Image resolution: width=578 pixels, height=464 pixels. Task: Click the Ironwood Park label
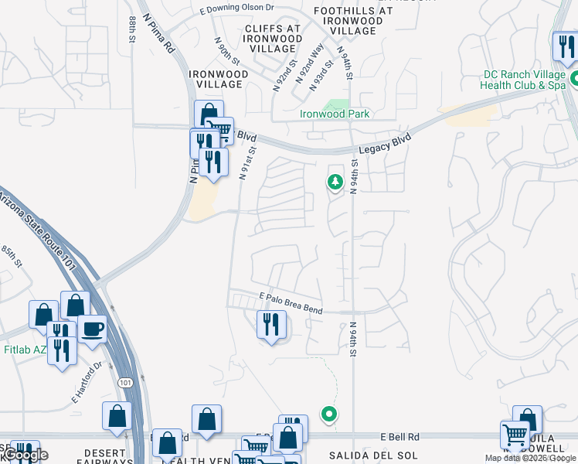335,114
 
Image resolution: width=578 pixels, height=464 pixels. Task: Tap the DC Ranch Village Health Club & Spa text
524,80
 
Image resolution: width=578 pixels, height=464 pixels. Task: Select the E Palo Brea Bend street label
291,302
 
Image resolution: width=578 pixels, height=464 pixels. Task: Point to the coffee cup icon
92,329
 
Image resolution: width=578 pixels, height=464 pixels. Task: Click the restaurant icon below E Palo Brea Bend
271,323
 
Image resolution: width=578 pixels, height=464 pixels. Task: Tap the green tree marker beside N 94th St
335,183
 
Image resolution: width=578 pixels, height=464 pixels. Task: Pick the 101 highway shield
126,382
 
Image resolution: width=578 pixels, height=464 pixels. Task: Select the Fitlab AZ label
25,350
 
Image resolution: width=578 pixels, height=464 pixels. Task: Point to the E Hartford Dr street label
87,384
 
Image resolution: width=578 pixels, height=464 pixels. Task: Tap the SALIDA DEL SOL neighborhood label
362,455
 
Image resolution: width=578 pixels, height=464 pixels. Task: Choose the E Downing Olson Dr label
236,9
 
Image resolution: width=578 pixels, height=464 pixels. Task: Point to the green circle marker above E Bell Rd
329,414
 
